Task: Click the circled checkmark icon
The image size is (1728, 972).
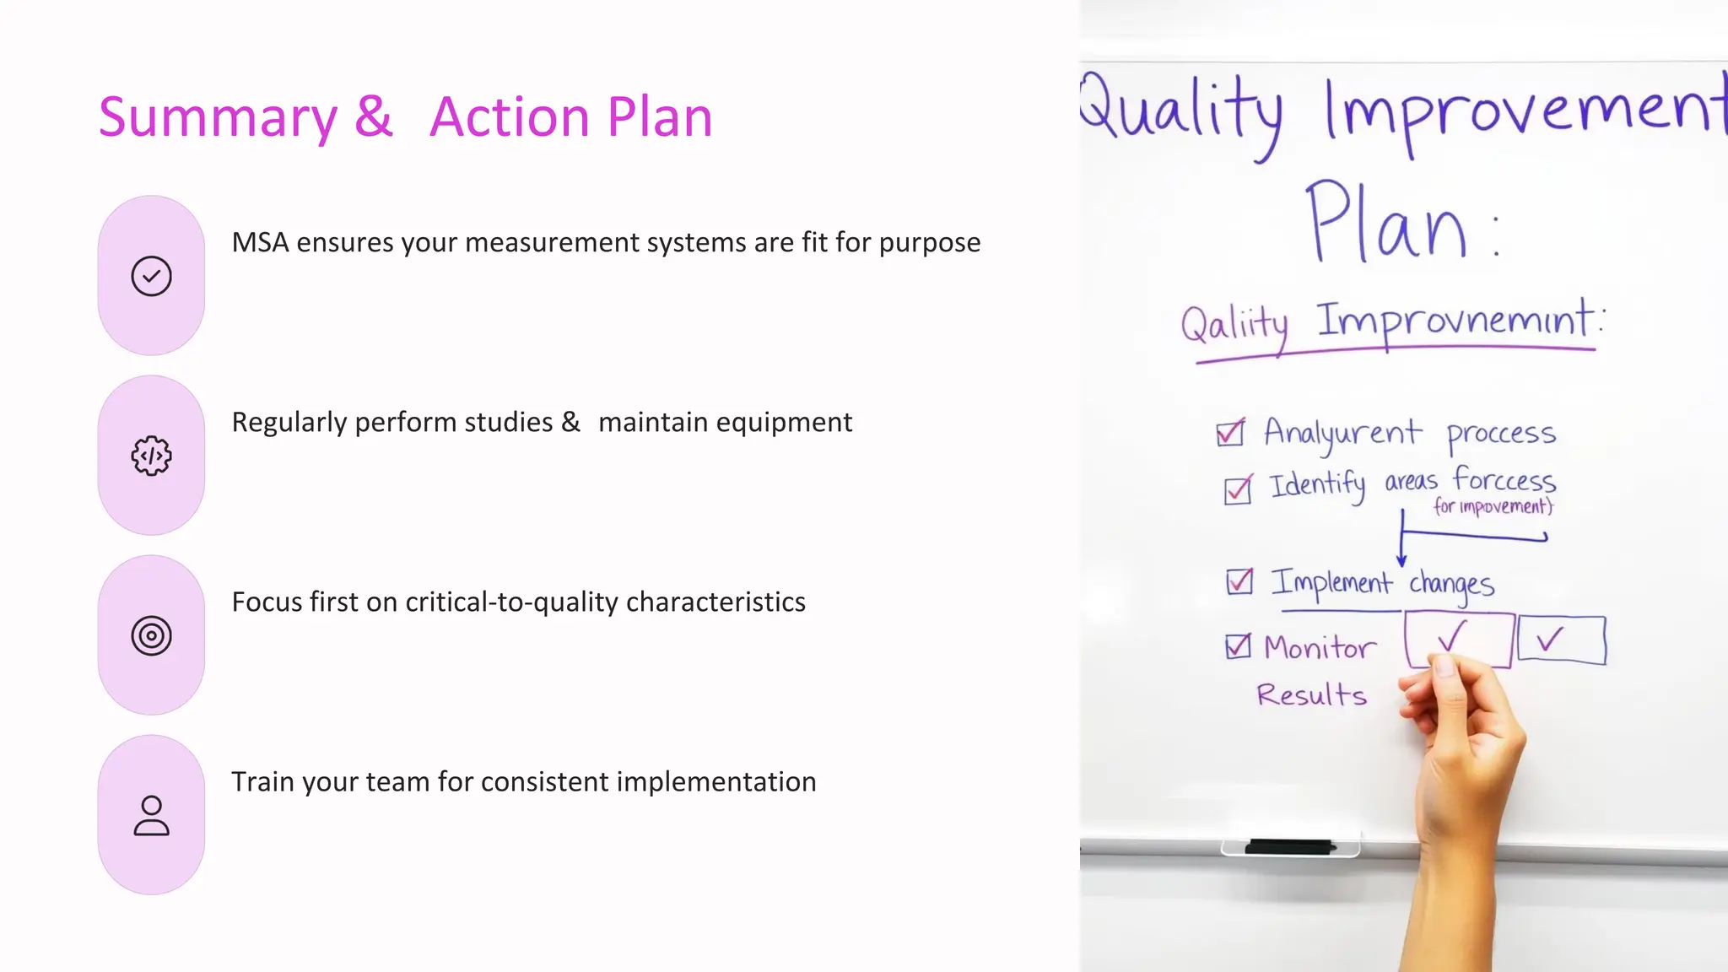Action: coord(152,276)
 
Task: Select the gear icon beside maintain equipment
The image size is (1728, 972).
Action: coord(152,456)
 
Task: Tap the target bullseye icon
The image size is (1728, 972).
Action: coord(152,635)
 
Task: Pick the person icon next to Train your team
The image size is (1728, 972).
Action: coord(152,815)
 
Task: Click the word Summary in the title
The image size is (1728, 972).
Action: coord(218,118)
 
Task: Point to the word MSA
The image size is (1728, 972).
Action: coord(260,243)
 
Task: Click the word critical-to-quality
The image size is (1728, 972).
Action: coord(511,602)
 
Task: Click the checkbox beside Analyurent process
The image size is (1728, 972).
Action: coord(1230,433)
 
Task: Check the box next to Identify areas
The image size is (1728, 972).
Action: coord(1238,489)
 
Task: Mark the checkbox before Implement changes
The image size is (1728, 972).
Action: coord(1239,581)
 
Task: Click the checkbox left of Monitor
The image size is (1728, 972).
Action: coord(1238,646)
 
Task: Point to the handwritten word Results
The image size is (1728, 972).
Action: coord(1311,695)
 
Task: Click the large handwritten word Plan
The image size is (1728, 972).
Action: coord(1387,223)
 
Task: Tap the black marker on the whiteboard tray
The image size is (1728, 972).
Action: coord(1289,845)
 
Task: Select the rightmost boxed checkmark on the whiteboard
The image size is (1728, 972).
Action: coord(1561,640)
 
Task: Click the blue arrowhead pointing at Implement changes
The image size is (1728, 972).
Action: coord(1401,560)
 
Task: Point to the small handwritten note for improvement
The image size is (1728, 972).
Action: coord(1493,506)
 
